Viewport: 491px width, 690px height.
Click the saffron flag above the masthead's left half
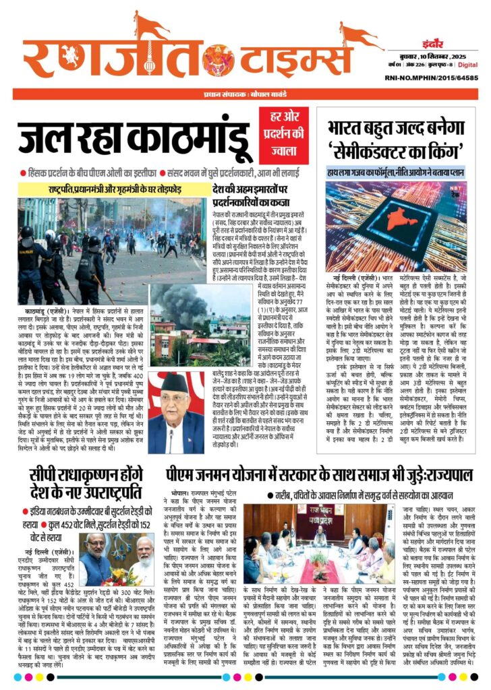coord(150,26)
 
